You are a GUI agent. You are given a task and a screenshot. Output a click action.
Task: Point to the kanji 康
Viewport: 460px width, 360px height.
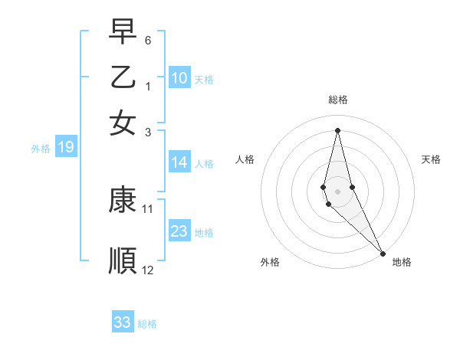tap(123, 201)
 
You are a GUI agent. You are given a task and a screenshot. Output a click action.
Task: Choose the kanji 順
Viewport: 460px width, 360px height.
tap(123, 260)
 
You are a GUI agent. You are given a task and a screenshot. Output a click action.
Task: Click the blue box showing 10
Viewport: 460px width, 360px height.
tap(179, 77)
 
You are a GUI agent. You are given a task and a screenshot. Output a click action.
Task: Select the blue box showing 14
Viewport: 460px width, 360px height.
tap(179, 162)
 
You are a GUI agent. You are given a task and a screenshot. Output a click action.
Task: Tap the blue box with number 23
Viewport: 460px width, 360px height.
tap(179, 231)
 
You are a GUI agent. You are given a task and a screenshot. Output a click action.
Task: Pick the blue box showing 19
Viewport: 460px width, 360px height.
tap(66, 148)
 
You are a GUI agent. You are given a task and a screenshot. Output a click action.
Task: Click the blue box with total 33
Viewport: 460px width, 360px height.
tap(123, 322)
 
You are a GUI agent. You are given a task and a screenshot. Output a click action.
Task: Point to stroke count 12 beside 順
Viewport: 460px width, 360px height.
tap(148, 270)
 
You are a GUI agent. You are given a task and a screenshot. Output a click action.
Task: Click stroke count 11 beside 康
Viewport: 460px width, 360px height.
tap(148, 208)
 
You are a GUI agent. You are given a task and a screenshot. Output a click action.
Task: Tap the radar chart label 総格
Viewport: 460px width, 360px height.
tap(338, 100)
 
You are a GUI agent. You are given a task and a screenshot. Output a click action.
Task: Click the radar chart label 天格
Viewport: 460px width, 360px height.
tap(431, 159)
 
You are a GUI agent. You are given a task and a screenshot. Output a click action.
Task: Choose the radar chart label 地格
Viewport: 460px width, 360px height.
tap(402, 262)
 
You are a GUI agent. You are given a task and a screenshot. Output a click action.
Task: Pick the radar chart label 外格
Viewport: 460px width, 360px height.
tap(270, 262)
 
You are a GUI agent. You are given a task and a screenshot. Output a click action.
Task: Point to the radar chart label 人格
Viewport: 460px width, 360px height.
tap(245, 159)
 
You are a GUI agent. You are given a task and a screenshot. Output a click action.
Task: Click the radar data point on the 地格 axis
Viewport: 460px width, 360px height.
tap(383, 253)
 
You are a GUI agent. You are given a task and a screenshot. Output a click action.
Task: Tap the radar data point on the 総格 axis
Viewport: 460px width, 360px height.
tap(338, 129)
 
